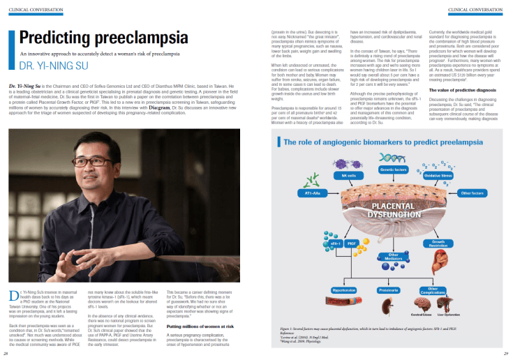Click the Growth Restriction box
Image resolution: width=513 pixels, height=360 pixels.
coord(438,243)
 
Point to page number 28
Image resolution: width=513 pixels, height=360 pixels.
coord(6,354)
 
